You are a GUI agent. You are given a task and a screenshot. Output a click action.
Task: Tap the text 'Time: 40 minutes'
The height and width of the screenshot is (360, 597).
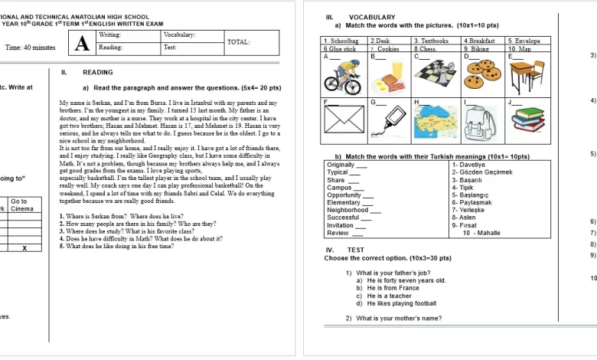point(30,47)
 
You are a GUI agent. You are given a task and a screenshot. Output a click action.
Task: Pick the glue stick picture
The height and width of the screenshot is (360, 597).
point(387,123)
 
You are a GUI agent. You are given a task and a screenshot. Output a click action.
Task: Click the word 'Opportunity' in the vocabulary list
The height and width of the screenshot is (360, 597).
point(344,195)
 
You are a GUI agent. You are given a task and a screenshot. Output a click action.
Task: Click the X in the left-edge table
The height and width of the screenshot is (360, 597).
point(24,247)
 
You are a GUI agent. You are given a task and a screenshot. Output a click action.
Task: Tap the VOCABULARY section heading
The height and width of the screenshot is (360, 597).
point(372,17)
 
